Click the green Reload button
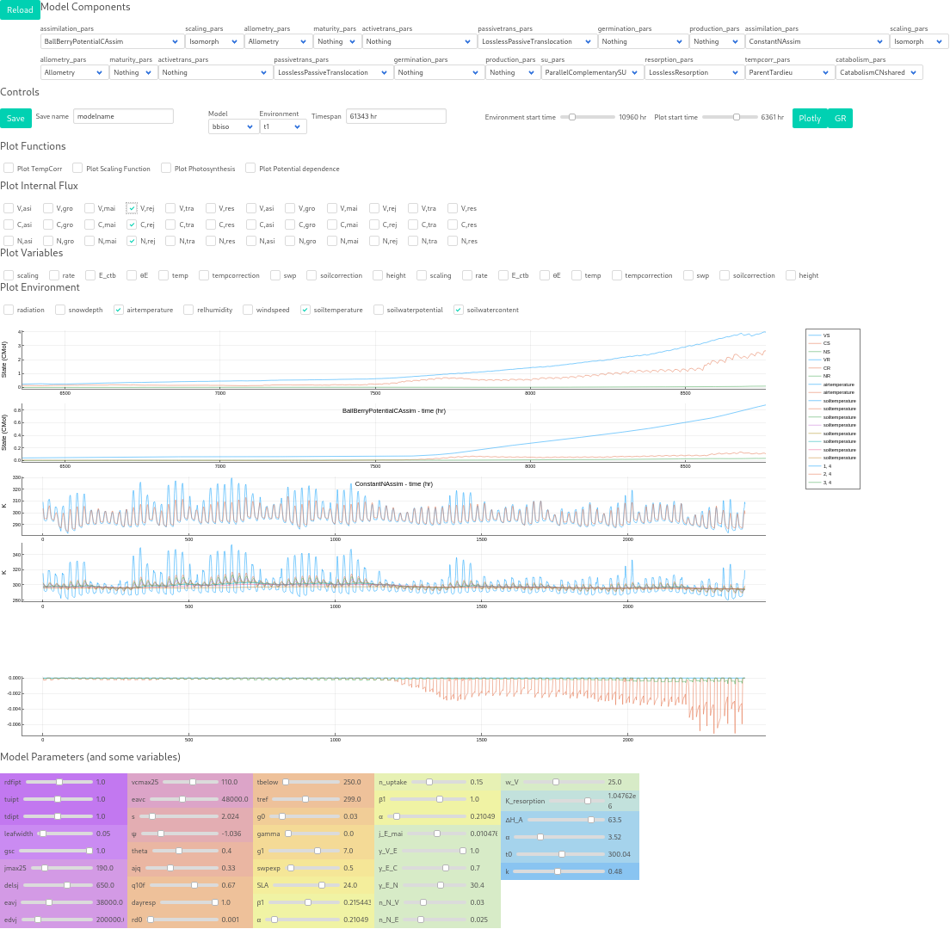coord(19,9)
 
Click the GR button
coord(840,118)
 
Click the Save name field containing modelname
coord(123,116)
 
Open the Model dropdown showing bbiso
coord(232,126)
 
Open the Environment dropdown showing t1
coord(283,126)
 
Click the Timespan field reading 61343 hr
coord(396,116)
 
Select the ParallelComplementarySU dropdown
coord(592,73)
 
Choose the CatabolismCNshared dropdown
coord(879,73)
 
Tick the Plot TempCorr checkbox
coord(9,169)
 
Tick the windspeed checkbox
coord(248,310)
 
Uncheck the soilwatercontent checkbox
coord(459,310)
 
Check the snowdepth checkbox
coord(60,310)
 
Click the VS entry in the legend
coord(826,335)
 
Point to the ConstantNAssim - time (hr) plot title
coord(393,484)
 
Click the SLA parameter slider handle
coord(322,884)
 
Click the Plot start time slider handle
coord(737,117)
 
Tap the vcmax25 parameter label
coord(145,782)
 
